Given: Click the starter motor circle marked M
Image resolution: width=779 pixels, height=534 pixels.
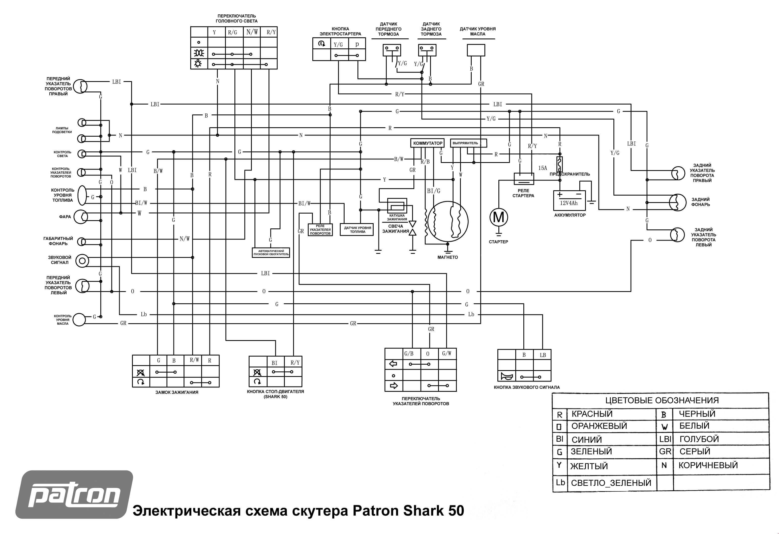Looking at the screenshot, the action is [499, 217].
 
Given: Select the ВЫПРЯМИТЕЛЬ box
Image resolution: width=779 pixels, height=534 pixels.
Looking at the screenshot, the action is [468, 143].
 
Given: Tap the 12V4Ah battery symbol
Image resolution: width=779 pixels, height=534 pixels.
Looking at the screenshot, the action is [569, 200].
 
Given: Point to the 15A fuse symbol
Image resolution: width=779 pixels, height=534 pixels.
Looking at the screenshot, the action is [559, 164].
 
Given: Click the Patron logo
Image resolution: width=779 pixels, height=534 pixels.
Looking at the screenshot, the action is [74, 495].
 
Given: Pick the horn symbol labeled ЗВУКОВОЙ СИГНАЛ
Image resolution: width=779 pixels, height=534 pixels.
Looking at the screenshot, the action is [82, 261].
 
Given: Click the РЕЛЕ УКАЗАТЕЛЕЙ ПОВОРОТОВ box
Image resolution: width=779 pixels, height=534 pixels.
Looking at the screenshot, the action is [320, 230].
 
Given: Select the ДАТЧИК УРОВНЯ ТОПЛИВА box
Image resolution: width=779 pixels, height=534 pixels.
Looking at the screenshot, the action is [357, 230].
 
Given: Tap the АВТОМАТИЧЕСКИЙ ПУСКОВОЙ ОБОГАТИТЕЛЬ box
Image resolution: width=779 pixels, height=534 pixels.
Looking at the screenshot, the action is [271, 252].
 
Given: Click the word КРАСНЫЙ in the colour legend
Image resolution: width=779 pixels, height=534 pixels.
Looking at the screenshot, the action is [592, 414].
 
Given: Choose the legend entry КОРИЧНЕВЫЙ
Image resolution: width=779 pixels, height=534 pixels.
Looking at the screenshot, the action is [708, 465].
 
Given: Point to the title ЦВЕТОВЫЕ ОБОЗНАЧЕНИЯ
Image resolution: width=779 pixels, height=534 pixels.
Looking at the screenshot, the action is [662, 400].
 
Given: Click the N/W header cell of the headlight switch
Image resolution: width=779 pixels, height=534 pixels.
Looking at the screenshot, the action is [252, 32].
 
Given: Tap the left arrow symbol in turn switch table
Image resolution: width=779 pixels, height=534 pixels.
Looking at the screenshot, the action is [393, 364].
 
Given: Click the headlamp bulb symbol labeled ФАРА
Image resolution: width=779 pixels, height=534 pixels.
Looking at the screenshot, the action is [80, 217].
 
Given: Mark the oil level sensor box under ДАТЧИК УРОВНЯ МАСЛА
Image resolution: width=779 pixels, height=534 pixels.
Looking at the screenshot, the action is [476, 50].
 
